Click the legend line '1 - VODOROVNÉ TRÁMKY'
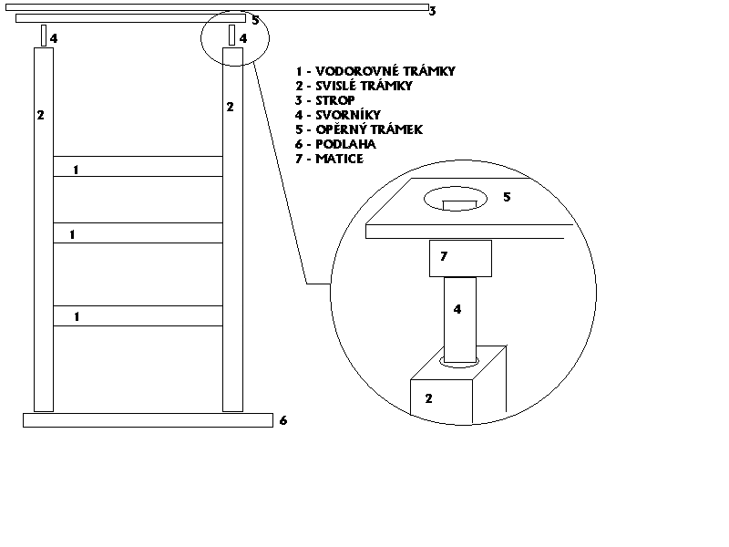tap(375, 71)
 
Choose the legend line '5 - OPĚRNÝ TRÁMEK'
tap(359, 129)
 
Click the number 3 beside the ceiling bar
tap(433, 12)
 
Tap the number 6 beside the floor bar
tap(283, 421)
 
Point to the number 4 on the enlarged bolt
tap(457, 310)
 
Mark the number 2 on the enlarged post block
tap(428, 398)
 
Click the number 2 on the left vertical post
tap(40, 115)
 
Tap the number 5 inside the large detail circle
tap(508, 197)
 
